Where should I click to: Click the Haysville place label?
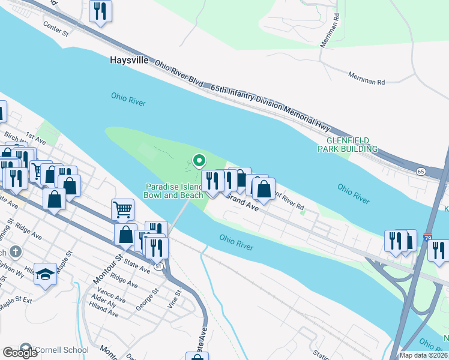[x=128, y=61]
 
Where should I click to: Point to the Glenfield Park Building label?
[x=348, y=144]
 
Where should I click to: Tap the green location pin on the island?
[x=199, y=161]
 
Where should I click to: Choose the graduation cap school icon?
[x=45, y=274]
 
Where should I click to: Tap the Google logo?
[x=20, y=353]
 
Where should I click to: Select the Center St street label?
[x=56, y=28]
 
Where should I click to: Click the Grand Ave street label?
[x=243, y=202]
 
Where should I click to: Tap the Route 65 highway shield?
[x=421, y=171]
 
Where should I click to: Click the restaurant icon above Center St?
[x=100, y=11]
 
